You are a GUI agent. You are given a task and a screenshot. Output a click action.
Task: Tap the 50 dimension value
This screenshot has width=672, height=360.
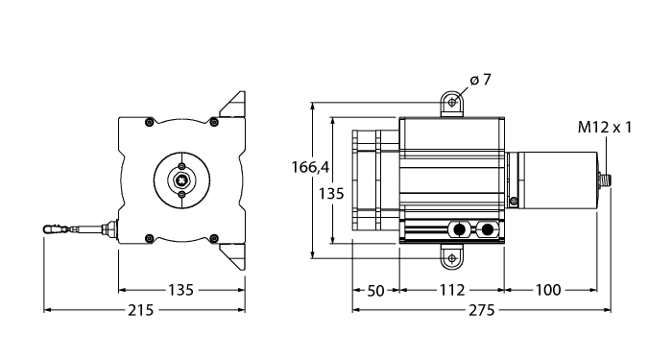(x=375, y=290)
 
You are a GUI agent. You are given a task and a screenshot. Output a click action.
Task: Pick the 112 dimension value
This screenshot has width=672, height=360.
(x=451, y=290)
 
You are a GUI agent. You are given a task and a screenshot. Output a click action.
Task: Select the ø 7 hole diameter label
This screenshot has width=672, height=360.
(x=481, y=81)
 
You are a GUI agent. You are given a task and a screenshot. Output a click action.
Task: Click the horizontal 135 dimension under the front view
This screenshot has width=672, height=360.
(x=181, y=290)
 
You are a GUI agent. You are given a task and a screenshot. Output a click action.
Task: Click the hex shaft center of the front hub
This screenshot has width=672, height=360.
(x=182, y=178)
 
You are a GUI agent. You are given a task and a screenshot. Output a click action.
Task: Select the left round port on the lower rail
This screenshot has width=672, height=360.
(x=459, y=229)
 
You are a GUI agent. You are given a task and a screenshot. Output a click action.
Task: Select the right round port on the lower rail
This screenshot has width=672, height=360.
(x=490, y=229)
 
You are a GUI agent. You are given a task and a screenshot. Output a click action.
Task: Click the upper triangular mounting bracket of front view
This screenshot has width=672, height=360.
(x=233, y=104)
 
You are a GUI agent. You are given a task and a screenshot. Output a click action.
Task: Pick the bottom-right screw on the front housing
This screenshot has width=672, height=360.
(x=217, y=238)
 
